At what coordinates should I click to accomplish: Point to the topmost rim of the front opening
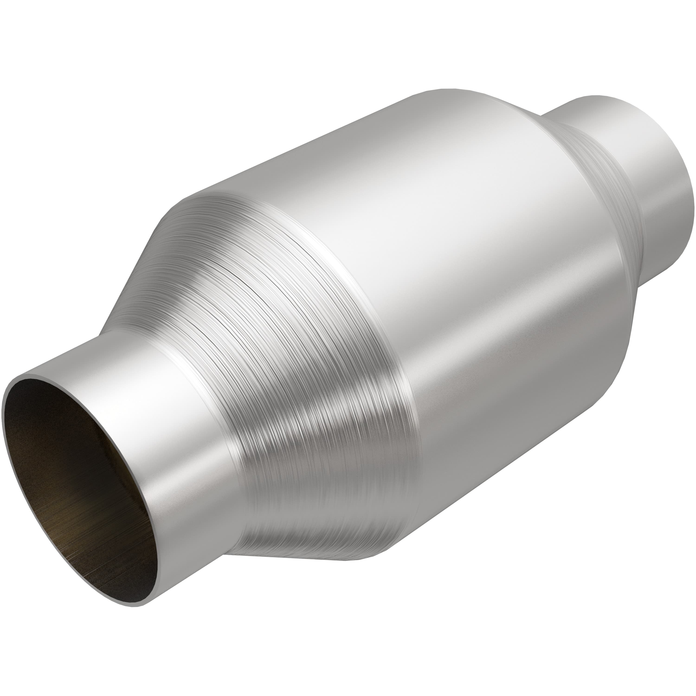tap(47, 378)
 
